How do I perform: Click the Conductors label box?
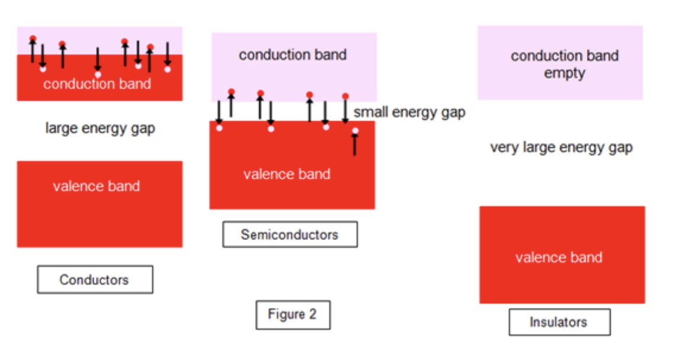95,279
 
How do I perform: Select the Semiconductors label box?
290,234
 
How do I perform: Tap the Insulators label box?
559,322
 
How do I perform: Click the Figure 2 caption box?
293,314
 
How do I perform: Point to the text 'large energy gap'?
100,128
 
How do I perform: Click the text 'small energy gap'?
409,112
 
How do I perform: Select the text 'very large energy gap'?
561,147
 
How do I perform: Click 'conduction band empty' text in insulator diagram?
564,64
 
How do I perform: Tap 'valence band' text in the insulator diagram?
558,257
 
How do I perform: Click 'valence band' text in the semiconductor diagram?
287,174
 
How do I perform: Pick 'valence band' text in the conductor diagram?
96,186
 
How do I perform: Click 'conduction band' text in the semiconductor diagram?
293,55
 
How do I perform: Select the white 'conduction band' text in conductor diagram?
97,83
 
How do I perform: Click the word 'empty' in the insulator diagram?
564,73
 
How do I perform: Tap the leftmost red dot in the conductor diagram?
33,39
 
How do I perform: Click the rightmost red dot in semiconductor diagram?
345,96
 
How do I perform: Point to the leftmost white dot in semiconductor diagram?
219,128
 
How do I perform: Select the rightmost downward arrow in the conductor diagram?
168,54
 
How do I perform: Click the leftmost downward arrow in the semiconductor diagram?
219,112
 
